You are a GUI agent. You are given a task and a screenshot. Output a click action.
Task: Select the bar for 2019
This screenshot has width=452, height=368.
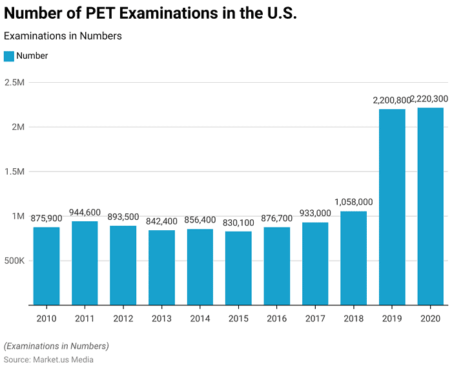(x=392, y=207)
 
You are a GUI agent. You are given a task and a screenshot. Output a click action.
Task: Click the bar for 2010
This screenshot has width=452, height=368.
(x=46, y=266)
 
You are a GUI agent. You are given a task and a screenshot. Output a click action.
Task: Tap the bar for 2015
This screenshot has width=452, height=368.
(x=238, y=268)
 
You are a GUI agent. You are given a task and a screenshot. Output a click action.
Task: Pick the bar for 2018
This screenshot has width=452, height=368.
(x=354, y=258)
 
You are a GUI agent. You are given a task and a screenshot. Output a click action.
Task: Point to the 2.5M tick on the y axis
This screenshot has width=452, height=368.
(x=14, y=83)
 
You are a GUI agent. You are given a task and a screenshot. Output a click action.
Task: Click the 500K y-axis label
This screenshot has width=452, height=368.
(x=14, y=261)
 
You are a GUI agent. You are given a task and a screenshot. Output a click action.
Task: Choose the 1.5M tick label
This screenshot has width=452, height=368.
(x=14, y=172)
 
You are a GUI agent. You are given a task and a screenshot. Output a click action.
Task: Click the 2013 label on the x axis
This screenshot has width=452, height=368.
(x=161, y=318)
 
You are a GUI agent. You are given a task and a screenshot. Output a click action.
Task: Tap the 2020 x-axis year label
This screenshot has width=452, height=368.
(x=430, y=318)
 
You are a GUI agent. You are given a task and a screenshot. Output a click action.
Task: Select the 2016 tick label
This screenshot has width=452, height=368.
(x=276, y=318)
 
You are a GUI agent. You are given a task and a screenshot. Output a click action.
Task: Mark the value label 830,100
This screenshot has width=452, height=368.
(x=238, y=222)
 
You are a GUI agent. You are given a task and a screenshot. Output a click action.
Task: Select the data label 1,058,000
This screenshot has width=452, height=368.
(x=353, y=202)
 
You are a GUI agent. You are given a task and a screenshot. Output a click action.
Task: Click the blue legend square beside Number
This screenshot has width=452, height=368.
(x=9, y=56)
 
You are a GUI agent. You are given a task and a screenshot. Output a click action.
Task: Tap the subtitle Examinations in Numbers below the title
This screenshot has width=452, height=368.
(x=63, y=36)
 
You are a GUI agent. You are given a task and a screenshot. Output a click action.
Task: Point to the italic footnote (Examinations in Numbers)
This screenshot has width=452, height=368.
(x=56, y=346)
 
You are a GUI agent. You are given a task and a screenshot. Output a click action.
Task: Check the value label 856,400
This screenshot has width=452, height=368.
(x=200, y=220)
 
